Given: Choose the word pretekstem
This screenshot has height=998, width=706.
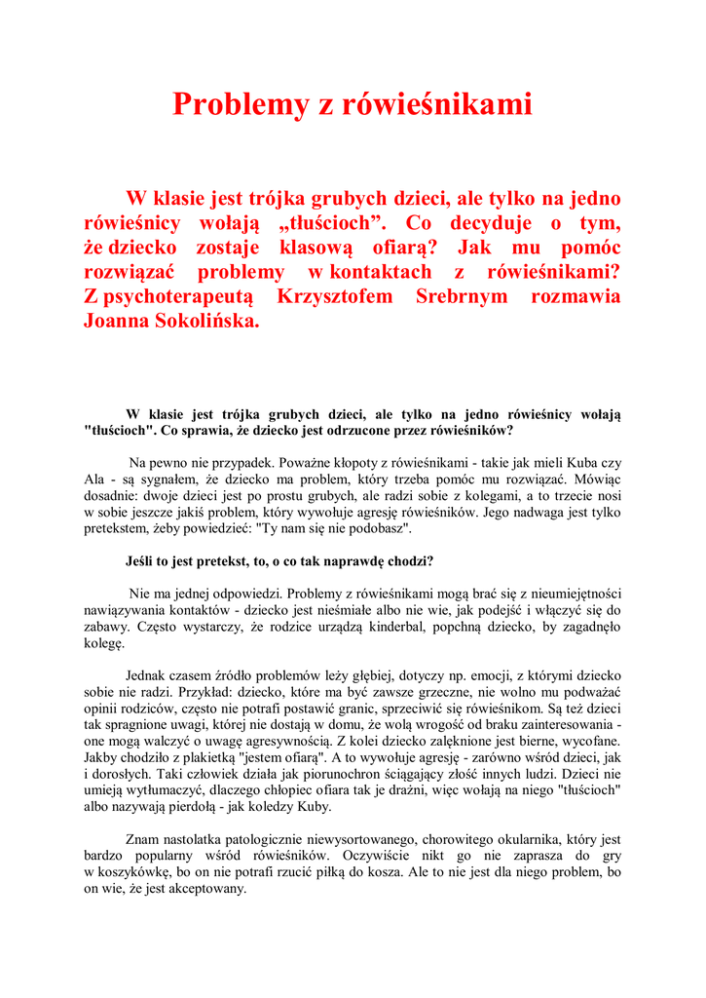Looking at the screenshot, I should click(x=118, y=528).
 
